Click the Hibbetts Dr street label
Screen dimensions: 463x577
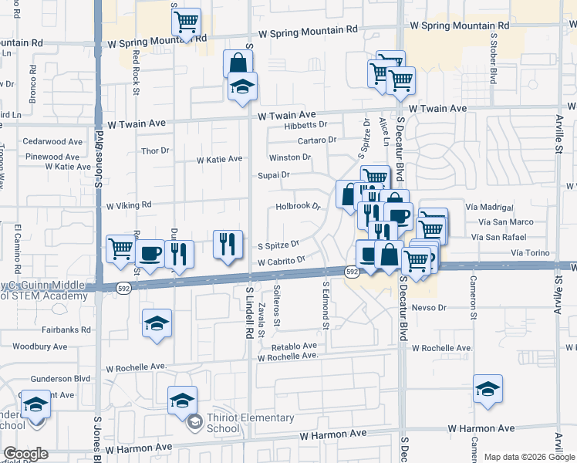tap(305, 124)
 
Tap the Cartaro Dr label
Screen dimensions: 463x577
tap(318, 140)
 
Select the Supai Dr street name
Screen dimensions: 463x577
tap(273, 175)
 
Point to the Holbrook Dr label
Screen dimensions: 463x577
tap(297, 207)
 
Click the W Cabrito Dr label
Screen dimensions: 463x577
tap(278, 262)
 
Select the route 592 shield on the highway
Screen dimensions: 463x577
tap(352, 272)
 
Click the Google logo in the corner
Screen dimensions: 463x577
tap(25, 454)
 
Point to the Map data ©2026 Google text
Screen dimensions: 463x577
tap(528, 457)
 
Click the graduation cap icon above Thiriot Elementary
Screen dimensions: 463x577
tap(182, 399)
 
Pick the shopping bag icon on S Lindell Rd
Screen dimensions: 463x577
tap(238, 63)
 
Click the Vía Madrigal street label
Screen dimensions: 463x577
tap(490, 208)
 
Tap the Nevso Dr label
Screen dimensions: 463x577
tap(430, 307)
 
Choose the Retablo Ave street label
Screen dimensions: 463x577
tap(288, 346)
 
